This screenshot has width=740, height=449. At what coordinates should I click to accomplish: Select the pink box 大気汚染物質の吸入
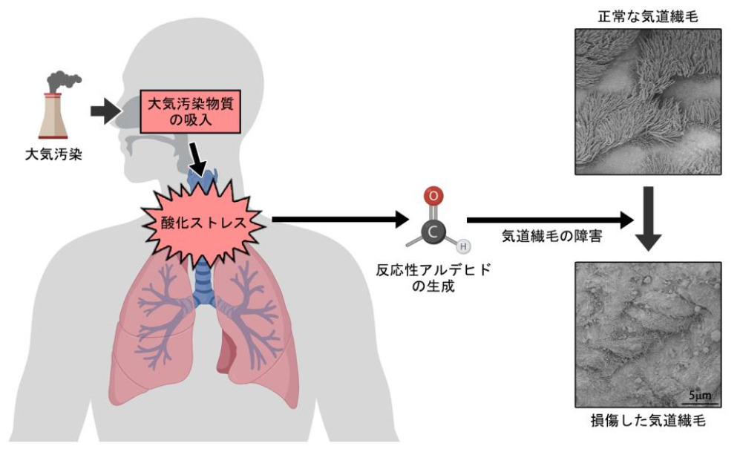click(x=189, y=111)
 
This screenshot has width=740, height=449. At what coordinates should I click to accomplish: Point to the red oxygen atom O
click(x=435, y=197)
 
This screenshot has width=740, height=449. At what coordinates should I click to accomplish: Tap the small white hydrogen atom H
click(x=462, y=246)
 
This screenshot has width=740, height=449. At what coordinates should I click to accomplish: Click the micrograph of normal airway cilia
click(x=648, y=101)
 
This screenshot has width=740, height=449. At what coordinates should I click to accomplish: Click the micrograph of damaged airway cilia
click(x=648, y=333)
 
